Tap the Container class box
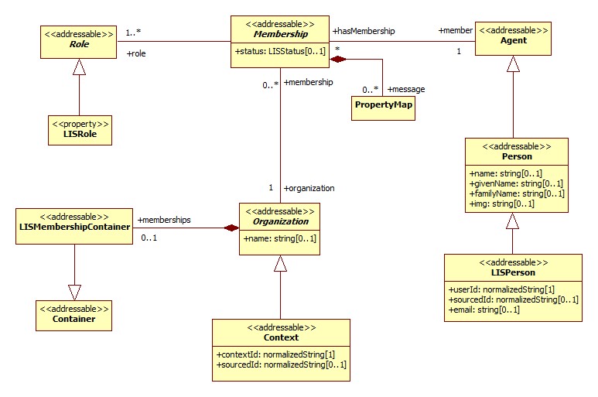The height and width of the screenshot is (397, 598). point(73,313)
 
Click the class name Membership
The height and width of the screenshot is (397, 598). point(279,34)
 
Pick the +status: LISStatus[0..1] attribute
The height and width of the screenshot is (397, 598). point(279,51)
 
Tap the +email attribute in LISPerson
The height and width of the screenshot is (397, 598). point(484,310)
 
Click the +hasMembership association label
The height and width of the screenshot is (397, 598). point(364,31)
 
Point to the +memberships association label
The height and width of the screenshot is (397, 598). point(164,220)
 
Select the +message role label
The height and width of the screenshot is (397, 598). point(406,89)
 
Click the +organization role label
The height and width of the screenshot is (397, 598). point(309,187)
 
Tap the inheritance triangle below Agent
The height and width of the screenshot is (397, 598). point(512,65)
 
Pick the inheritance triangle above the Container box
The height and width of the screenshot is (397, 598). point(74,292)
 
